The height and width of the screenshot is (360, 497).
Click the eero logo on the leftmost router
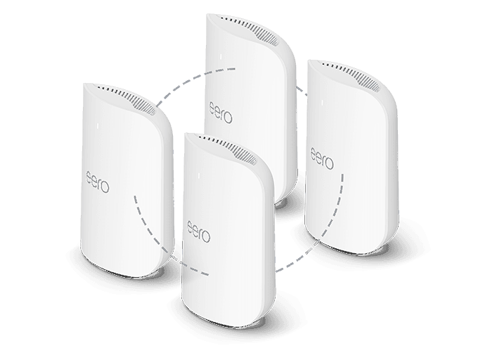click(98, 182)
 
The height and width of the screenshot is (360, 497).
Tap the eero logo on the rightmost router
click(322, 158)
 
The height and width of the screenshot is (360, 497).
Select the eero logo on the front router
click(199, 232)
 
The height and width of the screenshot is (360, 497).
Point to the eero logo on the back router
click(221, 112)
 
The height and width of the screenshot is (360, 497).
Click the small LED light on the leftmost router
click(98, 126)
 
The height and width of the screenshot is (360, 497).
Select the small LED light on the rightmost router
click(322, 103)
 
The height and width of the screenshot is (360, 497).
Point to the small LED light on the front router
click(199, 176)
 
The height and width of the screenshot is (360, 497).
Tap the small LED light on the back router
click(221, 57)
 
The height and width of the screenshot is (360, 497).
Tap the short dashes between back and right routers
click(302, 91)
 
